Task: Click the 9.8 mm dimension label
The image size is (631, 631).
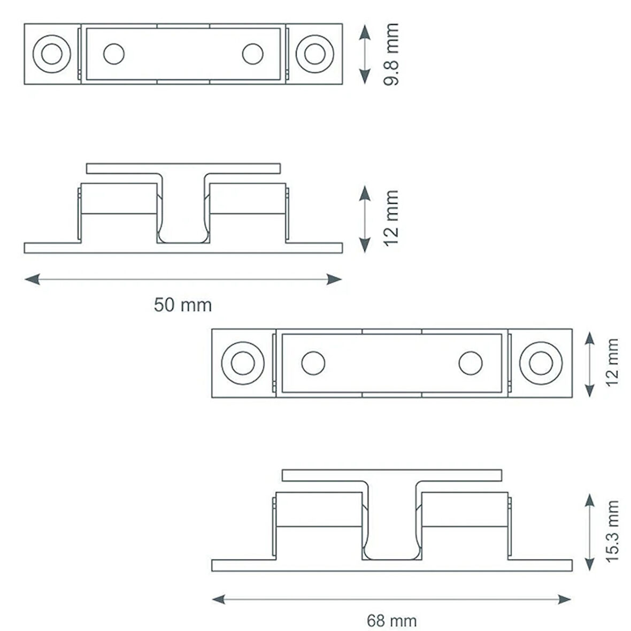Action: click(x=391, y=55)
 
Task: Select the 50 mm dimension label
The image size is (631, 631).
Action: click(x=183, y=305)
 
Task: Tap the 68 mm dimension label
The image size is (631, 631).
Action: click(x=391, y=620)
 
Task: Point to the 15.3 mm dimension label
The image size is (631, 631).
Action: click(x=612, y=531)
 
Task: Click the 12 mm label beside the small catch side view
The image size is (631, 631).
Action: click(x=391, y=218)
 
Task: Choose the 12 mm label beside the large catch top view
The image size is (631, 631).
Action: click(x=612, y=363)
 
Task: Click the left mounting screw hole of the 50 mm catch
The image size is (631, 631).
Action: click(x=52, y=54)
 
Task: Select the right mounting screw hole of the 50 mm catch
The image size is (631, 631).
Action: click(x=314, y=54)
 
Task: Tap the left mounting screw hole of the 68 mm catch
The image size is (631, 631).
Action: click(x=243, y=363)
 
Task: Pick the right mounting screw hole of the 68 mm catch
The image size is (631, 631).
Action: click(x=541, y=363)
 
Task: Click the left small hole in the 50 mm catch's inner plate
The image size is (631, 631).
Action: click(x=114, y=54)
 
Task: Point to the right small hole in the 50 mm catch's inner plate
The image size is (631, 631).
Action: click(x=253, y=54)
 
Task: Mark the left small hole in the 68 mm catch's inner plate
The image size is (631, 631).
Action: click(x=313, y=363)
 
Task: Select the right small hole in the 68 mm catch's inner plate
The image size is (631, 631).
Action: click(x=471, y=363)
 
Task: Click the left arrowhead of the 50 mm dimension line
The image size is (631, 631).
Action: click(x=32, y=279)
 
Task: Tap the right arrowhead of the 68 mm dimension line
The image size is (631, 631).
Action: click(x=564, y=599)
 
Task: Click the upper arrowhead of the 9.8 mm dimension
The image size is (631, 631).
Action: click(x=365, y=32)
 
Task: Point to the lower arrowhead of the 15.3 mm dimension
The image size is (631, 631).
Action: click(x=589, y=563)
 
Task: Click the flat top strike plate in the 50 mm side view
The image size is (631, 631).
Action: click(x=183, y=168)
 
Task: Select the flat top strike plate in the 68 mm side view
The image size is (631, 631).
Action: click(x=392, y=475)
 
